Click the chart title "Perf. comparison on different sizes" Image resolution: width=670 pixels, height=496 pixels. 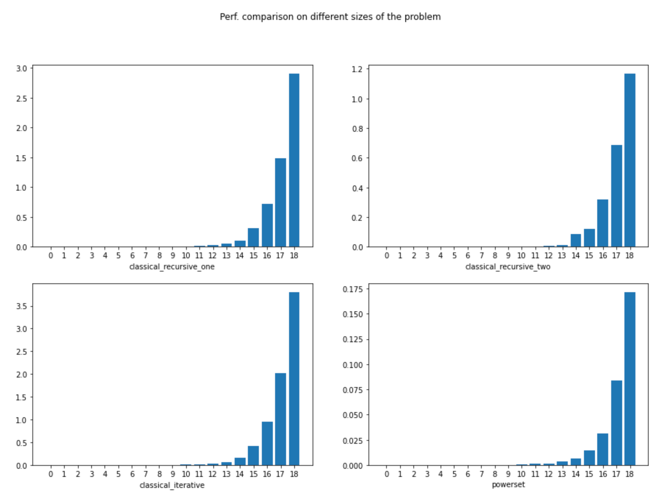pyautogui.click(x=330, y=17)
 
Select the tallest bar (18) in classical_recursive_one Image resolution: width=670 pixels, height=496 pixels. pyautogui.click(x=294, y=160)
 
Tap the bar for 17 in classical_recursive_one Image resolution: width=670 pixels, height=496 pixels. pyautogui.click(x=280, y=202)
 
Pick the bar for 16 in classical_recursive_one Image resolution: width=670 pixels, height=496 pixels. pyautogui.click(x=267, y=225)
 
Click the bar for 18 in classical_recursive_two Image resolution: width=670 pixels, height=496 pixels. pyautogui.click(x=630, y=160)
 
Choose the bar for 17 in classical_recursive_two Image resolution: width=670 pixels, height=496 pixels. pyautogui.click(x=616, y=196)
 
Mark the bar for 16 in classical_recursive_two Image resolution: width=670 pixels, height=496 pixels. pyautogui.click(x=602, y=223)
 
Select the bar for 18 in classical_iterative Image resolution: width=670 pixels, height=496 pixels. pyautogui.click(x=294, y=379)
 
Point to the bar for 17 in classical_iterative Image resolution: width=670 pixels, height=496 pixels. pyautogui.click(x=280, y=419)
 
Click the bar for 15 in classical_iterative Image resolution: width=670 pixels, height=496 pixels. pyautogui.click(x=253, y=456)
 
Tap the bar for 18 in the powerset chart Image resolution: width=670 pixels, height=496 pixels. pyautogui.click(x=630, y=379)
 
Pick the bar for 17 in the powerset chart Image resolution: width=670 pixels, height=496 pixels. pyautogui.click(x=616, y=423)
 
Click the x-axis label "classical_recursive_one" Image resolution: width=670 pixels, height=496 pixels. pyautogui.click(x=172, y=267)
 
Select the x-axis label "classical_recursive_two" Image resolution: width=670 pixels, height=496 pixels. pyautogui.click(x=507, y=267)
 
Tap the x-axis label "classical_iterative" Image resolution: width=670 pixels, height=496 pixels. pyautogui.click(x=172, y=485)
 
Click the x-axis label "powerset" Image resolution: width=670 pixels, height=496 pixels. pyautogui.click(x=508, y=485)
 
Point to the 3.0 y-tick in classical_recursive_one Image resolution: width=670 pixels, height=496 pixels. pyautogui.click(x=21, y=68)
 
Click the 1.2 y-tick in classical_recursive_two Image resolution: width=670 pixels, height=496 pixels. pyautogui.click(x=357, y=69)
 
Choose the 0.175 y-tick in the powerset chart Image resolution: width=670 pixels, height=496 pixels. pyautogui.click(x=353, y=289)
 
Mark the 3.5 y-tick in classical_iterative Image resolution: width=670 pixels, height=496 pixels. pyautogui.click(x=21, y=306)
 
